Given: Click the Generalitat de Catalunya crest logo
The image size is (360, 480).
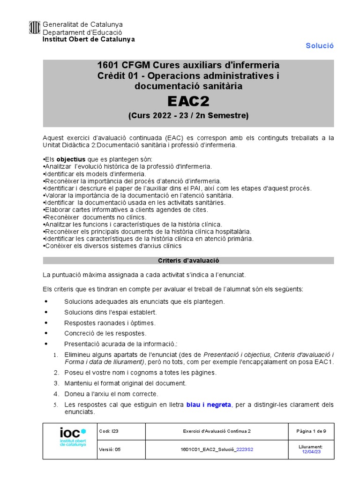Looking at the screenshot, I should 35,28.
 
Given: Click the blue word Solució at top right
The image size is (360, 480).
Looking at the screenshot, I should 319,45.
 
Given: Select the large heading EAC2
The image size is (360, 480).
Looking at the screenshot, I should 188,101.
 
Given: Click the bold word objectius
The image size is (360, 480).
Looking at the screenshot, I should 71,159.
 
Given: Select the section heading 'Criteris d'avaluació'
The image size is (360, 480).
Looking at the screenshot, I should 188,260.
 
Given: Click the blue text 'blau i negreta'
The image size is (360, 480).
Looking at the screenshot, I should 209,405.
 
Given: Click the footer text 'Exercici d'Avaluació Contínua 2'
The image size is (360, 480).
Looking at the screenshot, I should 216,431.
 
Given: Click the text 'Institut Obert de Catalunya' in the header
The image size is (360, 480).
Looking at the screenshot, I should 89,39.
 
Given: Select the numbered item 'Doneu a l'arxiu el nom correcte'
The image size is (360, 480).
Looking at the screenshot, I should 111,394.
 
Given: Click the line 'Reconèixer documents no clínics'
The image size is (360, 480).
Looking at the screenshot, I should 96,217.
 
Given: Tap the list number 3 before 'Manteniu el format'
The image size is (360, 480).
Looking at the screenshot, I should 56,383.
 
